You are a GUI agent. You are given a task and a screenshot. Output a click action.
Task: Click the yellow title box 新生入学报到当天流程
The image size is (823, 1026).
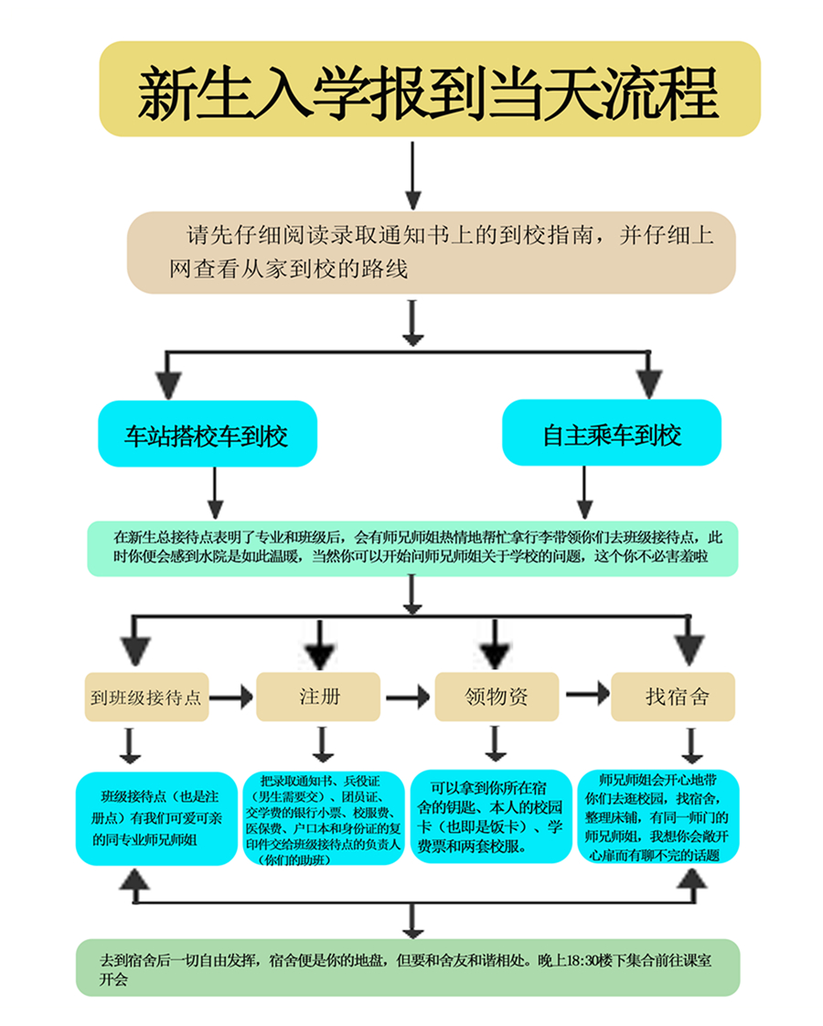click(x=430, y=89)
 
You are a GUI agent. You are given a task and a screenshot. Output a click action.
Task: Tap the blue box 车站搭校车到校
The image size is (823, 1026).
click(x=208, y=434)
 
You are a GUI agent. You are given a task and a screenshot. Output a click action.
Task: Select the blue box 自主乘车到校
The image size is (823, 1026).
click(x=612, y=434)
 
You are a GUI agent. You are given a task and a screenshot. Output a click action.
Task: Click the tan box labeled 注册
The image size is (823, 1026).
click(x=318, y=697)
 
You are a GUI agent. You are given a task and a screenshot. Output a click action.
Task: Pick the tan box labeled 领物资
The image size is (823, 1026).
click(x=496, y=697)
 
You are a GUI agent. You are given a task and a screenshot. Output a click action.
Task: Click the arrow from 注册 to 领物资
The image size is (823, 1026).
click(x=407, y=697)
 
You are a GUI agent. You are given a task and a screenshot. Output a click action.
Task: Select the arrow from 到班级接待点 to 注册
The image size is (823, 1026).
click(x=232, y=697)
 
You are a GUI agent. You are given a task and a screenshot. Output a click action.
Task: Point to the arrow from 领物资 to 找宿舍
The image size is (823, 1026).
click(x=586, y=694)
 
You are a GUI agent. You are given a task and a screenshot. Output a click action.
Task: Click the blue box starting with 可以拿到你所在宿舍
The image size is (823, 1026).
click(x=495, y=816)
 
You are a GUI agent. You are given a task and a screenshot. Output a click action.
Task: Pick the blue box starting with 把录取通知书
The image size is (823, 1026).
click(x=324, y=819)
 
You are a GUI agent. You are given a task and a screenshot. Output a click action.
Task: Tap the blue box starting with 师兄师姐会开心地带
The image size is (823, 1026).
click(x=657, y=817)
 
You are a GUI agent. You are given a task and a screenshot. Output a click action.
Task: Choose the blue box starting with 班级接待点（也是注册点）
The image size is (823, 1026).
click(x=156, y=817)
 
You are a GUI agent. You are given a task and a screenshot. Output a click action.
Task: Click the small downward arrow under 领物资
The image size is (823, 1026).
click(x=495, y=743)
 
